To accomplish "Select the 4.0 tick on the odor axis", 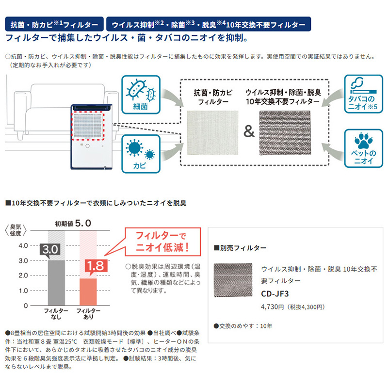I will pyautogui.click(x=22, y=245).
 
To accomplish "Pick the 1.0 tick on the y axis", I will pyautogui.click(x=22, y=291).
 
